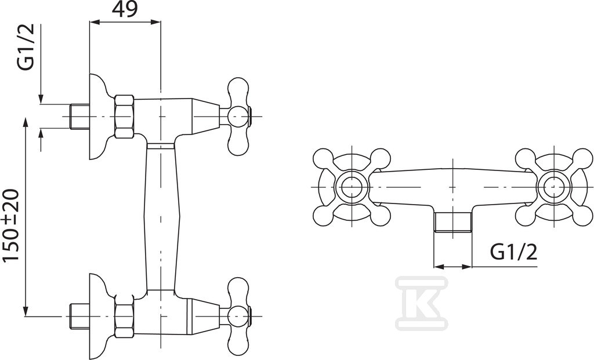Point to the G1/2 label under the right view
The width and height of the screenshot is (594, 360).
[514, 252]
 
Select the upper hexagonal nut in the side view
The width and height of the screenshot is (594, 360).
[124, 116]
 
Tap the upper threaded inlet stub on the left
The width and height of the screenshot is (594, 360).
[79, 116]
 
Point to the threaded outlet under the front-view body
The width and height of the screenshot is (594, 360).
[452, 222]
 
